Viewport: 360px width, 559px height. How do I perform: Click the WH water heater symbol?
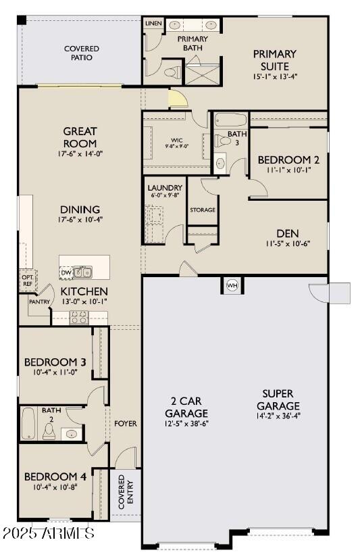232,285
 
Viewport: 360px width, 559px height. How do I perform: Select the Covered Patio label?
82,53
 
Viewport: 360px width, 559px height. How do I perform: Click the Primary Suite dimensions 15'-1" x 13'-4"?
275,78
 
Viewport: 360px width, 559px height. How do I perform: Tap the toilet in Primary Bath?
171,71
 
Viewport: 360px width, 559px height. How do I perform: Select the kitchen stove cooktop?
79,317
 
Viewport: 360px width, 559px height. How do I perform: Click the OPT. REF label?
28,281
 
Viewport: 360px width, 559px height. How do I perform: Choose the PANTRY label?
39,302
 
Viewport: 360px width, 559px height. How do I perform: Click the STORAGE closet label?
202,210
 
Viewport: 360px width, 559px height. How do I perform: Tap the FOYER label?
125,424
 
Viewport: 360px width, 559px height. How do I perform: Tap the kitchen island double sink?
84,272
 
